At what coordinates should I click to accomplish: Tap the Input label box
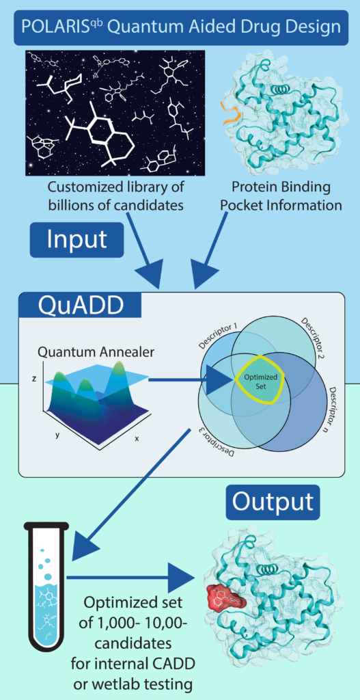click(77, 240)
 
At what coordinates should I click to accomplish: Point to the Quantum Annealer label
click(96, 352)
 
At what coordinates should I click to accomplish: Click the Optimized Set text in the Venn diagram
click(261, 381)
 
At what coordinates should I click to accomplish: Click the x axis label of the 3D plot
click(137, 438)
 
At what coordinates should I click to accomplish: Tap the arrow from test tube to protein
click(133, 578)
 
